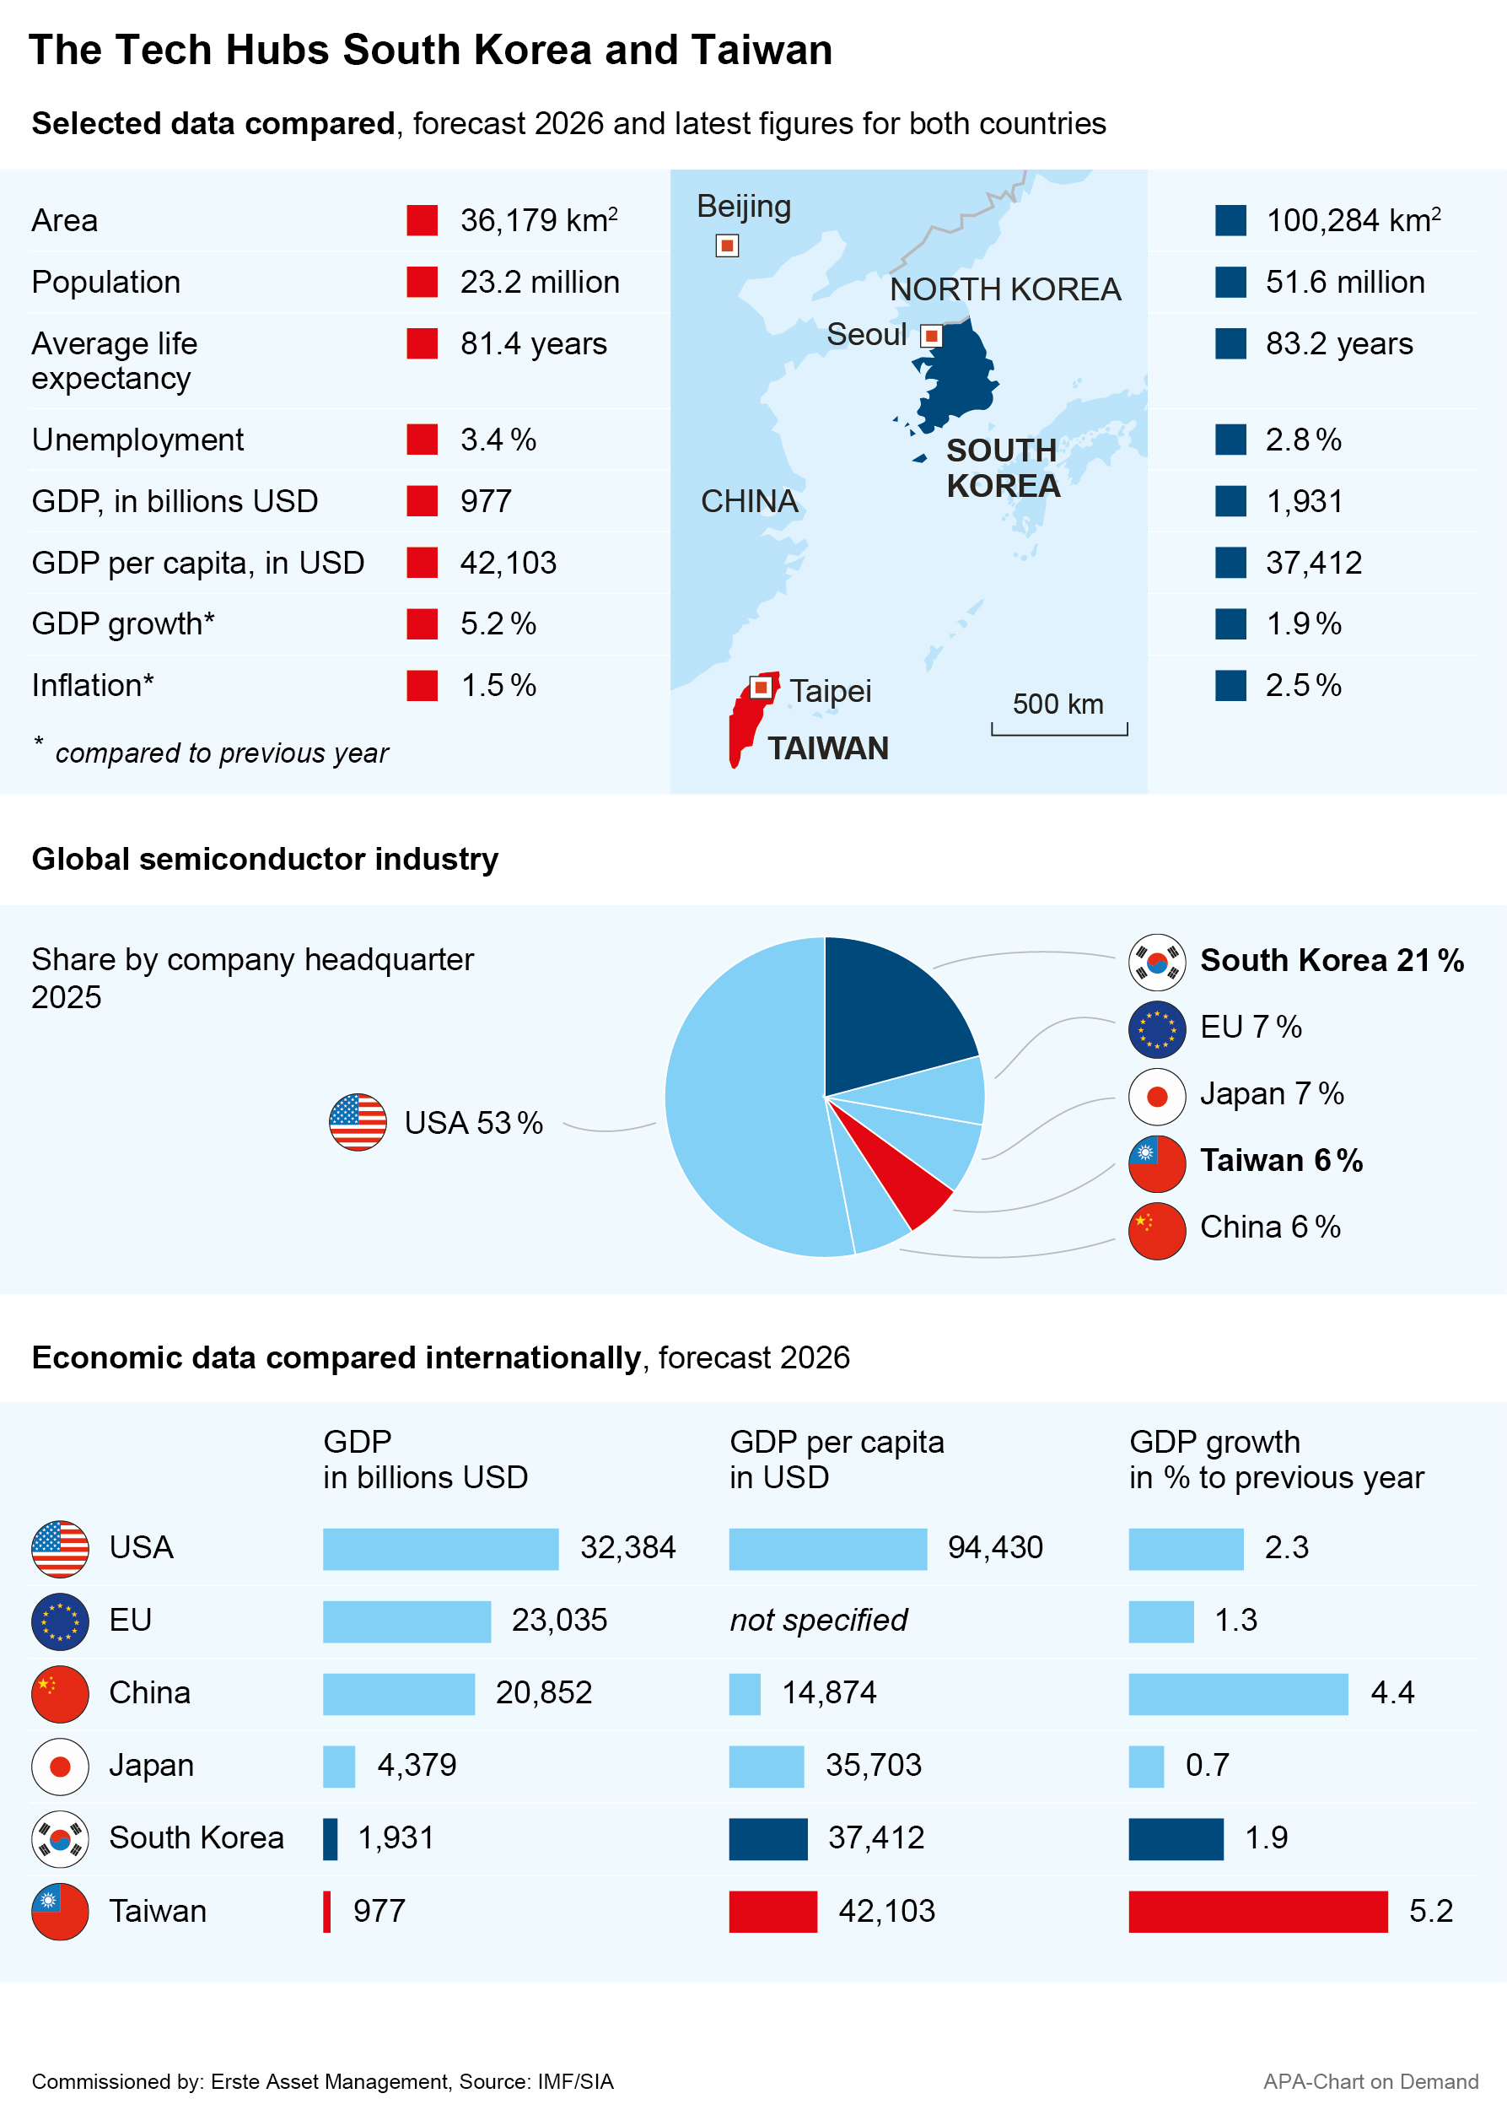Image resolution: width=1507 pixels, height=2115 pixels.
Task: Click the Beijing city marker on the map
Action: tap(728, 246)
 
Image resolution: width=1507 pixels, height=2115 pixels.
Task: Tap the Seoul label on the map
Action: tap(867, 334)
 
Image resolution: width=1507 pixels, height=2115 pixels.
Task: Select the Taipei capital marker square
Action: tap(761, 688)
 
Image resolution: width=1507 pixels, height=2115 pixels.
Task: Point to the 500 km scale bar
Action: tap(1060, 730)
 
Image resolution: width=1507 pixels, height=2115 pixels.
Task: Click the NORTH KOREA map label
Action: tap(1005, 289)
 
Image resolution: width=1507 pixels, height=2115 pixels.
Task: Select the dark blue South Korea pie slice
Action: tap(891, 1012)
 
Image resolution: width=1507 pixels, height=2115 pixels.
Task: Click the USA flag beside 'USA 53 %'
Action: tap(358, 1123)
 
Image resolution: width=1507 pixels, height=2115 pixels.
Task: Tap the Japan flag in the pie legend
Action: tap(1157, 1097)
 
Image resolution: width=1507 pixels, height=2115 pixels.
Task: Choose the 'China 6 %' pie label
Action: tap(1270, 1227)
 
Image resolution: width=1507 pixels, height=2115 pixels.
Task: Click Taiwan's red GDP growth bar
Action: tap(1258, 1912)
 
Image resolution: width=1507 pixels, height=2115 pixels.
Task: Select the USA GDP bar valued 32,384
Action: tap(441, 1549)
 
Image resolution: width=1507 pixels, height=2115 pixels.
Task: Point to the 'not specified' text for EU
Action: tap(819, 1621)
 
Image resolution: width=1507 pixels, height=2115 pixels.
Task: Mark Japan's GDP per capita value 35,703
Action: tap(875, 1765)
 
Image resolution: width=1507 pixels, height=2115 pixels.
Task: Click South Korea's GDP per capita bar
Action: tap(768, 1838)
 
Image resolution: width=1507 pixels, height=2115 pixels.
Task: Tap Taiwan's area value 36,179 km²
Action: tap(539, 220)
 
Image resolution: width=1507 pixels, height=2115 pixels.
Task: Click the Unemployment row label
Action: tap(137, 440)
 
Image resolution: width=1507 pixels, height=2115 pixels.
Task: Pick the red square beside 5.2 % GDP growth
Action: tap(422, 623)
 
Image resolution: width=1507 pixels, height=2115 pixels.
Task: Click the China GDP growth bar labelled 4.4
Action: tap(1239, 1694)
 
